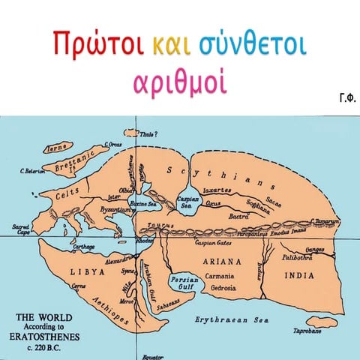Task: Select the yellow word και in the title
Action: point(166,45)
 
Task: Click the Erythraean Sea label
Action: point(232,319)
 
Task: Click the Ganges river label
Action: point(316,249)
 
